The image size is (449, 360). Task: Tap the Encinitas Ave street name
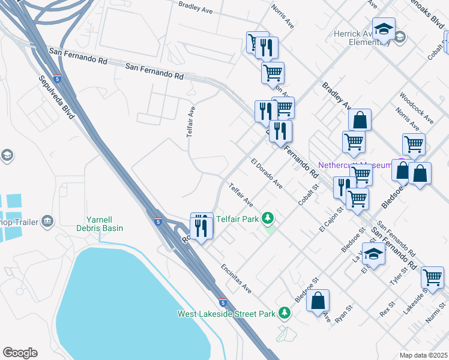235,279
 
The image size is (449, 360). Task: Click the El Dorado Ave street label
267,174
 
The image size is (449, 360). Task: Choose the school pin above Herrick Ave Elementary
383,28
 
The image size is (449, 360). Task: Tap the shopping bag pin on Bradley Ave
360,119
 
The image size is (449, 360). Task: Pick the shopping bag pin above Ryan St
318,300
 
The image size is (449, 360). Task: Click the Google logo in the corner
20,353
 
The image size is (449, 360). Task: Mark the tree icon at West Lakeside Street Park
285,313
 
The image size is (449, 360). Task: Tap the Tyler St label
397,278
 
